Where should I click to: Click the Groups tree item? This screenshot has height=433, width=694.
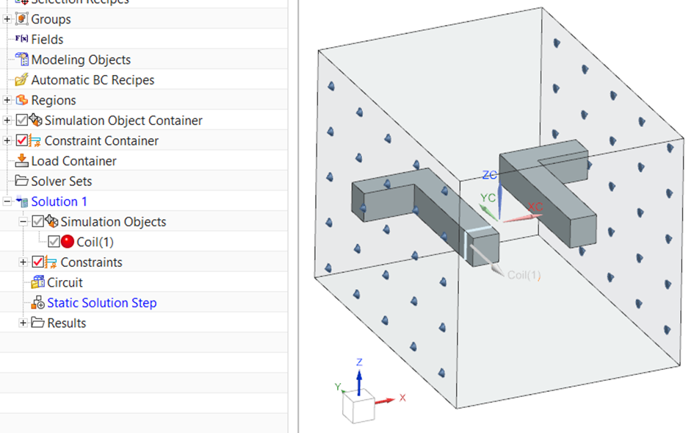coord(51,19)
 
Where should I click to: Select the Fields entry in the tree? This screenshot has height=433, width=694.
coord(47,40)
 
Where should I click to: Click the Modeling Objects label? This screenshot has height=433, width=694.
coord(81,60)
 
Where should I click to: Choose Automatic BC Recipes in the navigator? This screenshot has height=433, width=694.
coord(93,80)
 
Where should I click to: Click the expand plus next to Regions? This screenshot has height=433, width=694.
coord(7,100)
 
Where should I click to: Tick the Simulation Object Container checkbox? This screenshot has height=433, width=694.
coord(21,121)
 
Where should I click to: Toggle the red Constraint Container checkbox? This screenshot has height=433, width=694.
coord(21,140)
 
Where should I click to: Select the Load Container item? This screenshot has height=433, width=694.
coord(73,161)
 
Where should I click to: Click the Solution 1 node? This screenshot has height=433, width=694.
coord(59,201)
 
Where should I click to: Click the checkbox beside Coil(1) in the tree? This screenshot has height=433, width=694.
coord(54,242)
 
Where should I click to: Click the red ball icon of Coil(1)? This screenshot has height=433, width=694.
coord(68,242)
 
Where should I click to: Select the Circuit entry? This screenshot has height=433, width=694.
coord(65,282)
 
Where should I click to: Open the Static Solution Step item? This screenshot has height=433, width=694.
coord(101,303)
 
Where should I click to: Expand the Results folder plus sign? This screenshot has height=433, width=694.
coord(24,323)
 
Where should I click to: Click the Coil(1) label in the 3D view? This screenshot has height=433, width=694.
coord(524,275)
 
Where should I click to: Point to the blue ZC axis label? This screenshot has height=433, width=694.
coord(490,175)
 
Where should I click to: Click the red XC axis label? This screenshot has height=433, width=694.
coord(535,207)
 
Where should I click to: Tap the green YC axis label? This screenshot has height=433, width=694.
coord(488,198)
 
